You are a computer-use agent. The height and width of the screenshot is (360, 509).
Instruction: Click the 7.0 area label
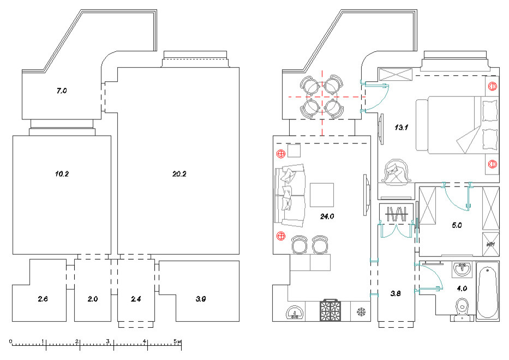[x=61, y=91]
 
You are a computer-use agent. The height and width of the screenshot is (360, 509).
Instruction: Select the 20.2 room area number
[x=179, y=175]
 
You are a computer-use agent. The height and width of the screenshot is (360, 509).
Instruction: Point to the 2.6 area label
[x=43, y=299]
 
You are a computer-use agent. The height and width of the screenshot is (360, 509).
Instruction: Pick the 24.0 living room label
[x=327, y=217]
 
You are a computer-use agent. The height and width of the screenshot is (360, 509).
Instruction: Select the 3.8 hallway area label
[x=396, y=293]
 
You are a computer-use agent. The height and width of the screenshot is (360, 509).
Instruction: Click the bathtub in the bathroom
[x=487, y=291]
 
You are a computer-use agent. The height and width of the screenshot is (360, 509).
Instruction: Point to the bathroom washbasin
[x=464, y=269]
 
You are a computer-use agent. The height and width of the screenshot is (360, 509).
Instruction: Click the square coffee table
[x=321, y=195]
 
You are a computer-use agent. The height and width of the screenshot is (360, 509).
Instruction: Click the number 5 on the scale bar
[x=176, y=340]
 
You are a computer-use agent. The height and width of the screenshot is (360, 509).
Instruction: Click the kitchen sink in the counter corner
[x=295, y=313]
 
